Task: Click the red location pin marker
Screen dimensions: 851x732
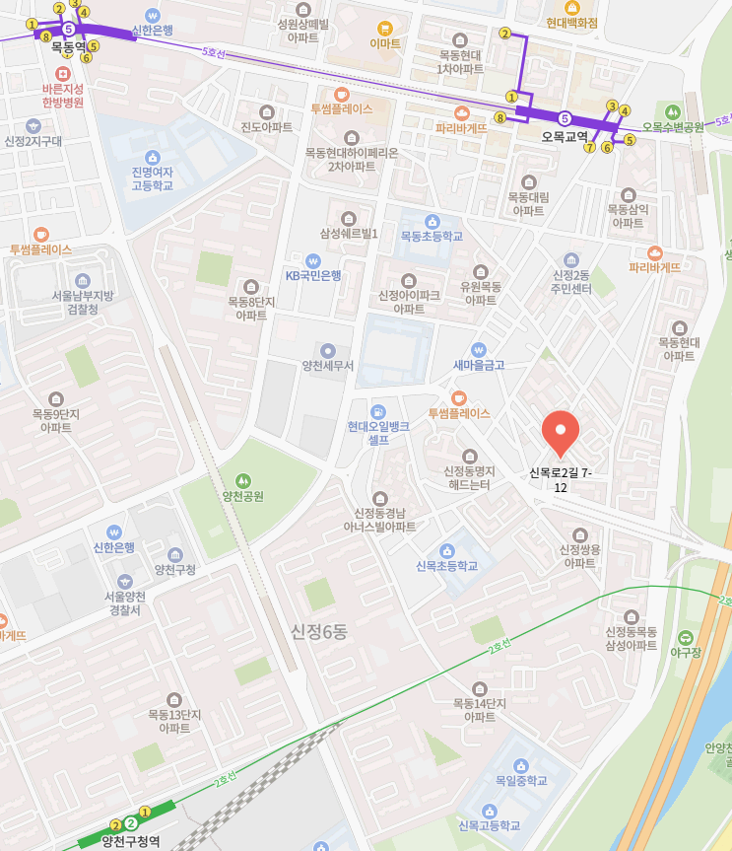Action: tap(561, 431)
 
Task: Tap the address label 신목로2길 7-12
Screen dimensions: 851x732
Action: tap(561, 480)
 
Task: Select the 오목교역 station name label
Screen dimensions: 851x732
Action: tap(565, 137)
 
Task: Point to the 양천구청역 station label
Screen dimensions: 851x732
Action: tap(130, 841)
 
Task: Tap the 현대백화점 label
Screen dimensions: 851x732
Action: tap(571, 22)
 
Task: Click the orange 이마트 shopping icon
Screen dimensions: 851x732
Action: tap(384, 28)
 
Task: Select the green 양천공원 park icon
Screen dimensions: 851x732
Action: tap(242, 479)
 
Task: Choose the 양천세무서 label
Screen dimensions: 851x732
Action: tap(328, 366)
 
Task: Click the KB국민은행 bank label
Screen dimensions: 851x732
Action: tap(313, 275)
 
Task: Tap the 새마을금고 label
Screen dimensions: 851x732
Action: tap(478, 365)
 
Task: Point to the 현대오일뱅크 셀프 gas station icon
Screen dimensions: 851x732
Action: tap(377, 410)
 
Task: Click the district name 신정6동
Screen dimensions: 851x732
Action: tap(318, 631)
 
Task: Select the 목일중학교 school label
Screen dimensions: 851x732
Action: tap(521, 780)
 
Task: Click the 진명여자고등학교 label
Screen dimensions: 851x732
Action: tap(152, 178)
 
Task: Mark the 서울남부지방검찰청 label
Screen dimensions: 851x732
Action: tap(82, 302)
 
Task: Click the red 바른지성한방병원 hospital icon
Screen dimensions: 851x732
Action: tap(63, 74)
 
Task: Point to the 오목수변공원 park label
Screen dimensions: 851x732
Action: tap(673, 127)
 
